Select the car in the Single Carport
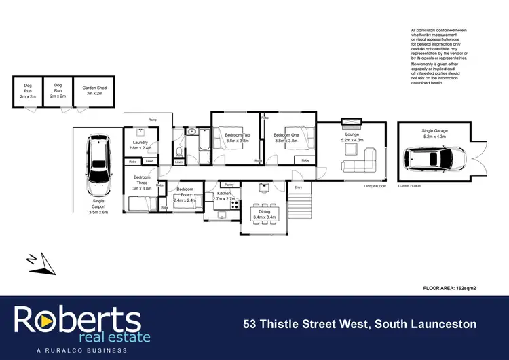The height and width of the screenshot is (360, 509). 100,164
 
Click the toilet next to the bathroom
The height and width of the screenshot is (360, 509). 178,151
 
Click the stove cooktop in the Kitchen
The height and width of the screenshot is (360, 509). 235,202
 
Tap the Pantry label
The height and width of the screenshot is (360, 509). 229,185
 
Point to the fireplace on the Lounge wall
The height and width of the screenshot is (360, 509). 351,122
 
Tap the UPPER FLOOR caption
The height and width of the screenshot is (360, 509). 374,185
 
